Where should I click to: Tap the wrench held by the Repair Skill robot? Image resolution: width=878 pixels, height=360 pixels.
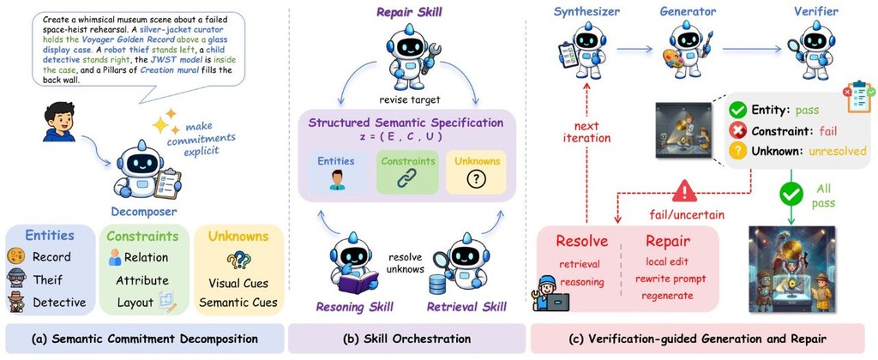pyautogui.click(x=433, y=59)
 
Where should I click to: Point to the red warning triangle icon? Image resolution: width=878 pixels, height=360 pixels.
pyautogui.click(x=684, y=192)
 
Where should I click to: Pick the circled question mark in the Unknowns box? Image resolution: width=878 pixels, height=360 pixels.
pyautogui.click(x=476, y=180)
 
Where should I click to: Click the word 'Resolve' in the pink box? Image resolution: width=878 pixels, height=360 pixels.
pyautogui.click(x=582, y=242)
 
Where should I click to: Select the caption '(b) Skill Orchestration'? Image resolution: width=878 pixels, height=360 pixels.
pyautogui.click(x=406, y=339)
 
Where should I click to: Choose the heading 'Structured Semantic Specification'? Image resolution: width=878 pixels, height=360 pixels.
pyautogui.click(x=406, y=123)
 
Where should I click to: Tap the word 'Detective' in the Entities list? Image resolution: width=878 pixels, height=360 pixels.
pyautogui.click(x=59, y=303)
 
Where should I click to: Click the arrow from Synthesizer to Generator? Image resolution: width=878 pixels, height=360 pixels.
pyautogui.click(x=634, y=49)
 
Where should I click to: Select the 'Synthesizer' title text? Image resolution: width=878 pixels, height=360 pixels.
pyautogui.click(x=584, y=11)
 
